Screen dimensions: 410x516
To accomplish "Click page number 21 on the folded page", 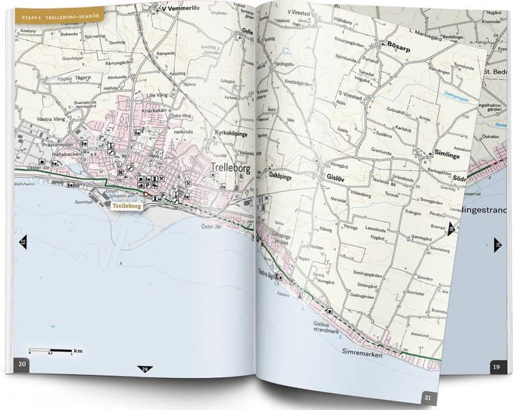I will pos(427,396).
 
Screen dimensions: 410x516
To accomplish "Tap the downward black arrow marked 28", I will pos(145,370).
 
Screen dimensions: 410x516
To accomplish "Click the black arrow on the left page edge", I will pos(23,242).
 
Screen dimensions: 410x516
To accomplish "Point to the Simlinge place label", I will pos(448,155).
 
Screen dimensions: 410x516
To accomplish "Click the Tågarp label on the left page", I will pos(83,77).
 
